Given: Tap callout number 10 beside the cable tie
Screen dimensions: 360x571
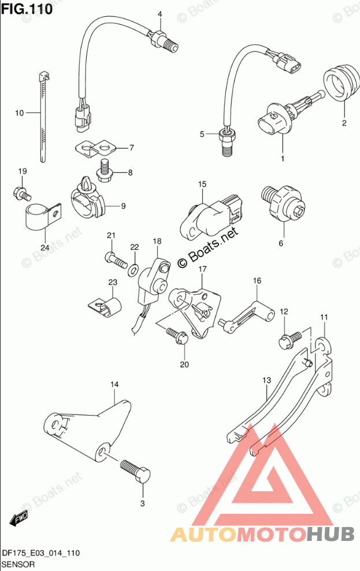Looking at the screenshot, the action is (x=20, y=113).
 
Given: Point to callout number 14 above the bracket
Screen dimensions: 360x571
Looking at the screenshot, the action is (x=114, y=384).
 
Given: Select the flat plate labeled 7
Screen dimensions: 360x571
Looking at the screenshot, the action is (x=95, y=149).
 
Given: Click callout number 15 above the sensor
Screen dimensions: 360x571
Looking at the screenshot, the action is (x=202, y=184).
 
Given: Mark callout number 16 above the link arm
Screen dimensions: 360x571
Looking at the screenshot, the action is (x=257, y=281).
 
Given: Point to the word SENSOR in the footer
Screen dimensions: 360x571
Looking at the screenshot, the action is (x=19, y=563).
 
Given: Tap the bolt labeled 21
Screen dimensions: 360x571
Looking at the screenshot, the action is (x=116, y=259).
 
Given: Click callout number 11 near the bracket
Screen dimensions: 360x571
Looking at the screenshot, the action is (x=324, y=317).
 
